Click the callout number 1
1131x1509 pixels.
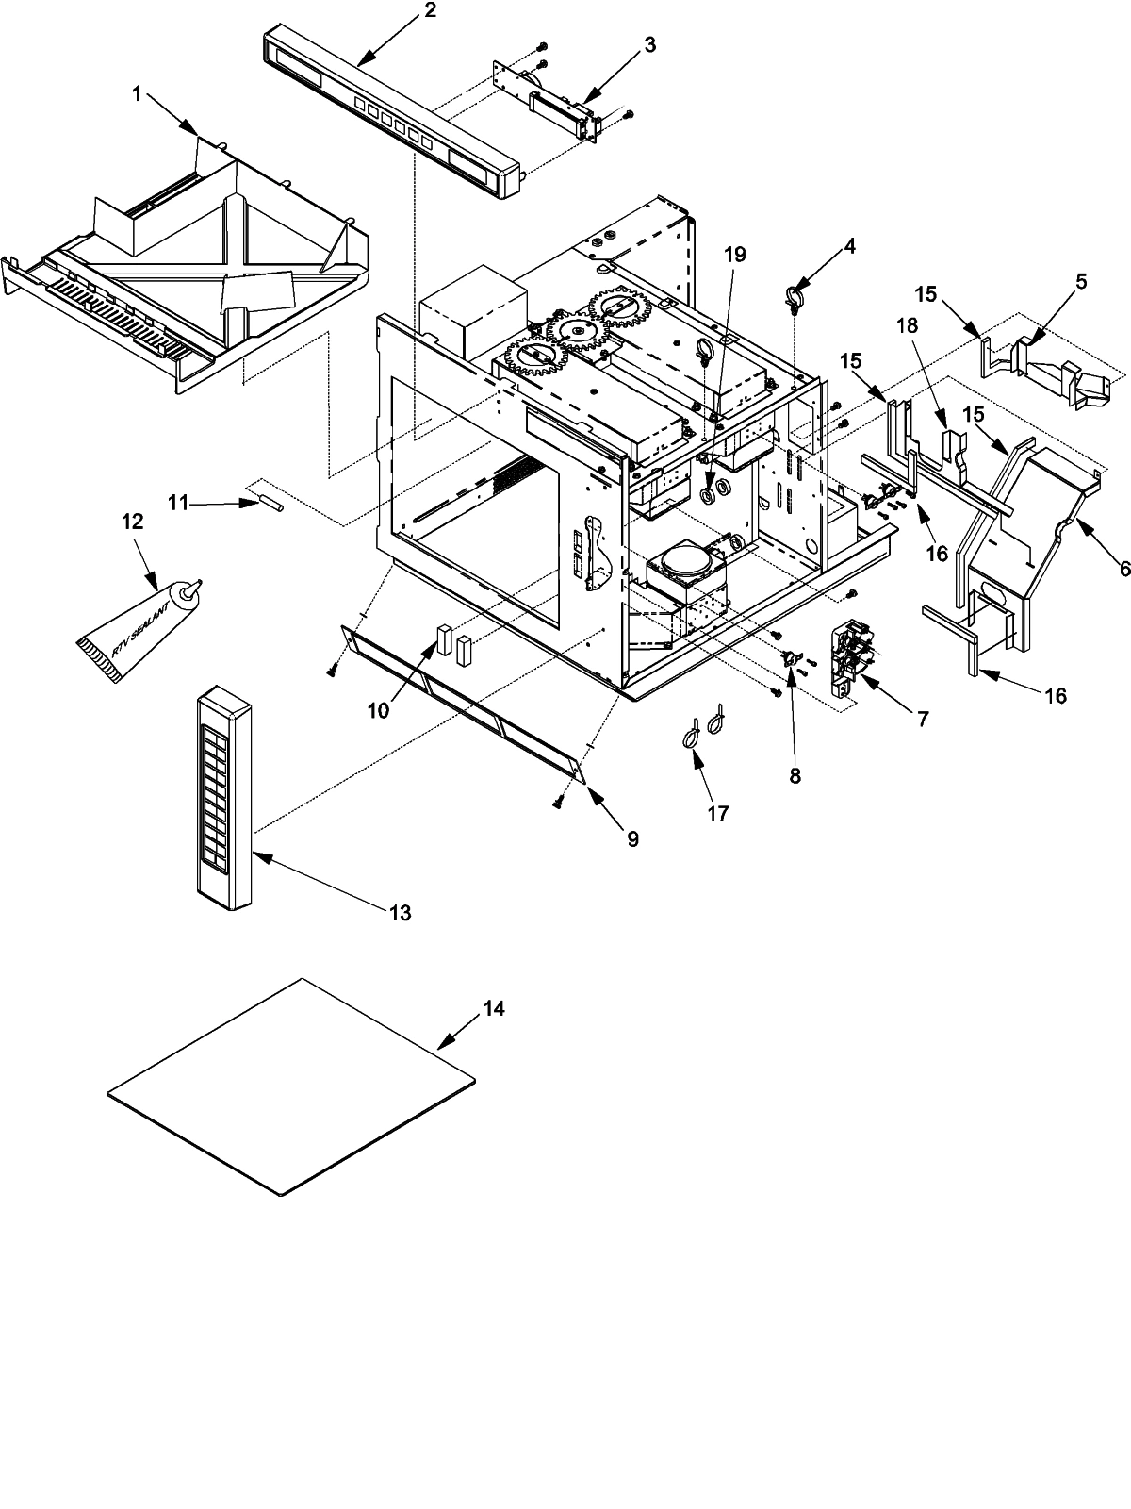pos(138,93)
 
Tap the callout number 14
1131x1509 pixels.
pos(494,1009)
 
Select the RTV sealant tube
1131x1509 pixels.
pos(134,628)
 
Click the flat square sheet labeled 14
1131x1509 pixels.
pos(292,1085)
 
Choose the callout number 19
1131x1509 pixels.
pos(735,254)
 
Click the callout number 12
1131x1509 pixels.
pos(133,521)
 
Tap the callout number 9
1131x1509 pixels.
pos(631,838)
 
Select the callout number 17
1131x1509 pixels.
pos(718,813)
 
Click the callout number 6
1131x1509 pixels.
pos(1122,569)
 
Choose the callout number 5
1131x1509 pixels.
pos(1080,281)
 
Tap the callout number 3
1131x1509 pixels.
pos(651,44)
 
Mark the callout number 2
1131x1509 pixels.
pos(430,11)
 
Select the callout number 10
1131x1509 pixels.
pos(378,710)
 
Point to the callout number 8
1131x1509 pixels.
pos(795,775)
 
